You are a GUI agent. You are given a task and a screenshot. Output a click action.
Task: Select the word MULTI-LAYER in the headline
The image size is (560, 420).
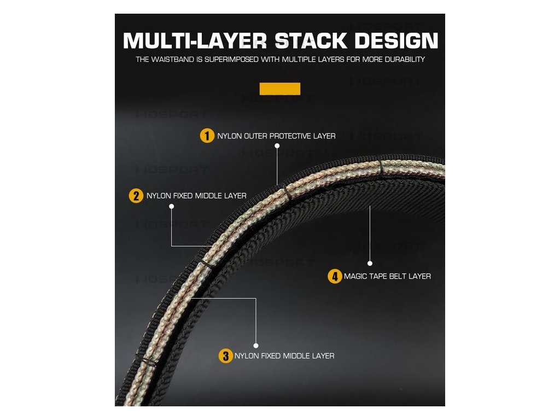pos(195,41)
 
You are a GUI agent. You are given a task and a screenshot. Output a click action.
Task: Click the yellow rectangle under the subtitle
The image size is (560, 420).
pos(280,89)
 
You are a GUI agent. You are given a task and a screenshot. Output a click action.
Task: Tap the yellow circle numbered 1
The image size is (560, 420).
pos(207,136)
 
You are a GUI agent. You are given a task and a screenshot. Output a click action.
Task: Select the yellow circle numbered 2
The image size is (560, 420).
pos(136,195)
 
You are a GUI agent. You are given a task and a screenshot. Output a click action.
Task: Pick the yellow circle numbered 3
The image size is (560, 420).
pos(225,356)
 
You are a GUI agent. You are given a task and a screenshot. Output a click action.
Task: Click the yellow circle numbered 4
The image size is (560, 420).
pos(335,276)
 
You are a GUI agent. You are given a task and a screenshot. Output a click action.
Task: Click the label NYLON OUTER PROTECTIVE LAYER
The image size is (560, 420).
pos(276,136)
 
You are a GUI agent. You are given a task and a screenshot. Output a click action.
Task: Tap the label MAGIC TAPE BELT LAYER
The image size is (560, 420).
pos(387,276)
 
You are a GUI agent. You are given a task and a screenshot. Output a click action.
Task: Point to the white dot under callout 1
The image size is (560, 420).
pos(277,146)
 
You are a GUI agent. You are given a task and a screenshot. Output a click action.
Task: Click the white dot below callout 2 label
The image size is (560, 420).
pos(171,206)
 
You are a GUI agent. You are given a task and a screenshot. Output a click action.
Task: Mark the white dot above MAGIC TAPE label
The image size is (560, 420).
pos(370,263)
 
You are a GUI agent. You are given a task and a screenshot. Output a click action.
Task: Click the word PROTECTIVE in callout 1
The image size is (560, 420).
pos(290,136)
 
